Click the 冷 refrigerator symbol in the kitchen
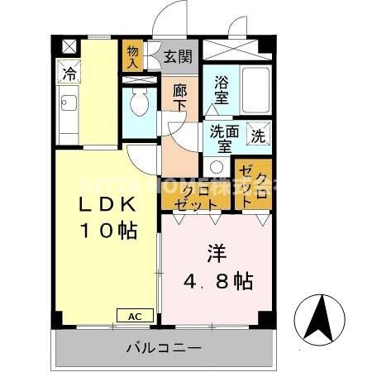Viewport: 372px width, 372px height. pyautogui.click(x=69, y=74)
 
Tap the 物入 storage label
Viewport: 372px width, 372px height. pyautogui.click(x=132, y=56)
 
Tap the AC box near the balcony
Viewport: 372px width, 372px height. pyautogui.click(x=135, y=315)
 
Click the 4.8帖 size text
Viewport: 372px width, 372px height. pyautogui.click(x=217, y=280)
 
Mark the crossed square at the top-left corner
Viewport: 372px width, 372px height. pyautogui.click(x=67, y=46)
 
